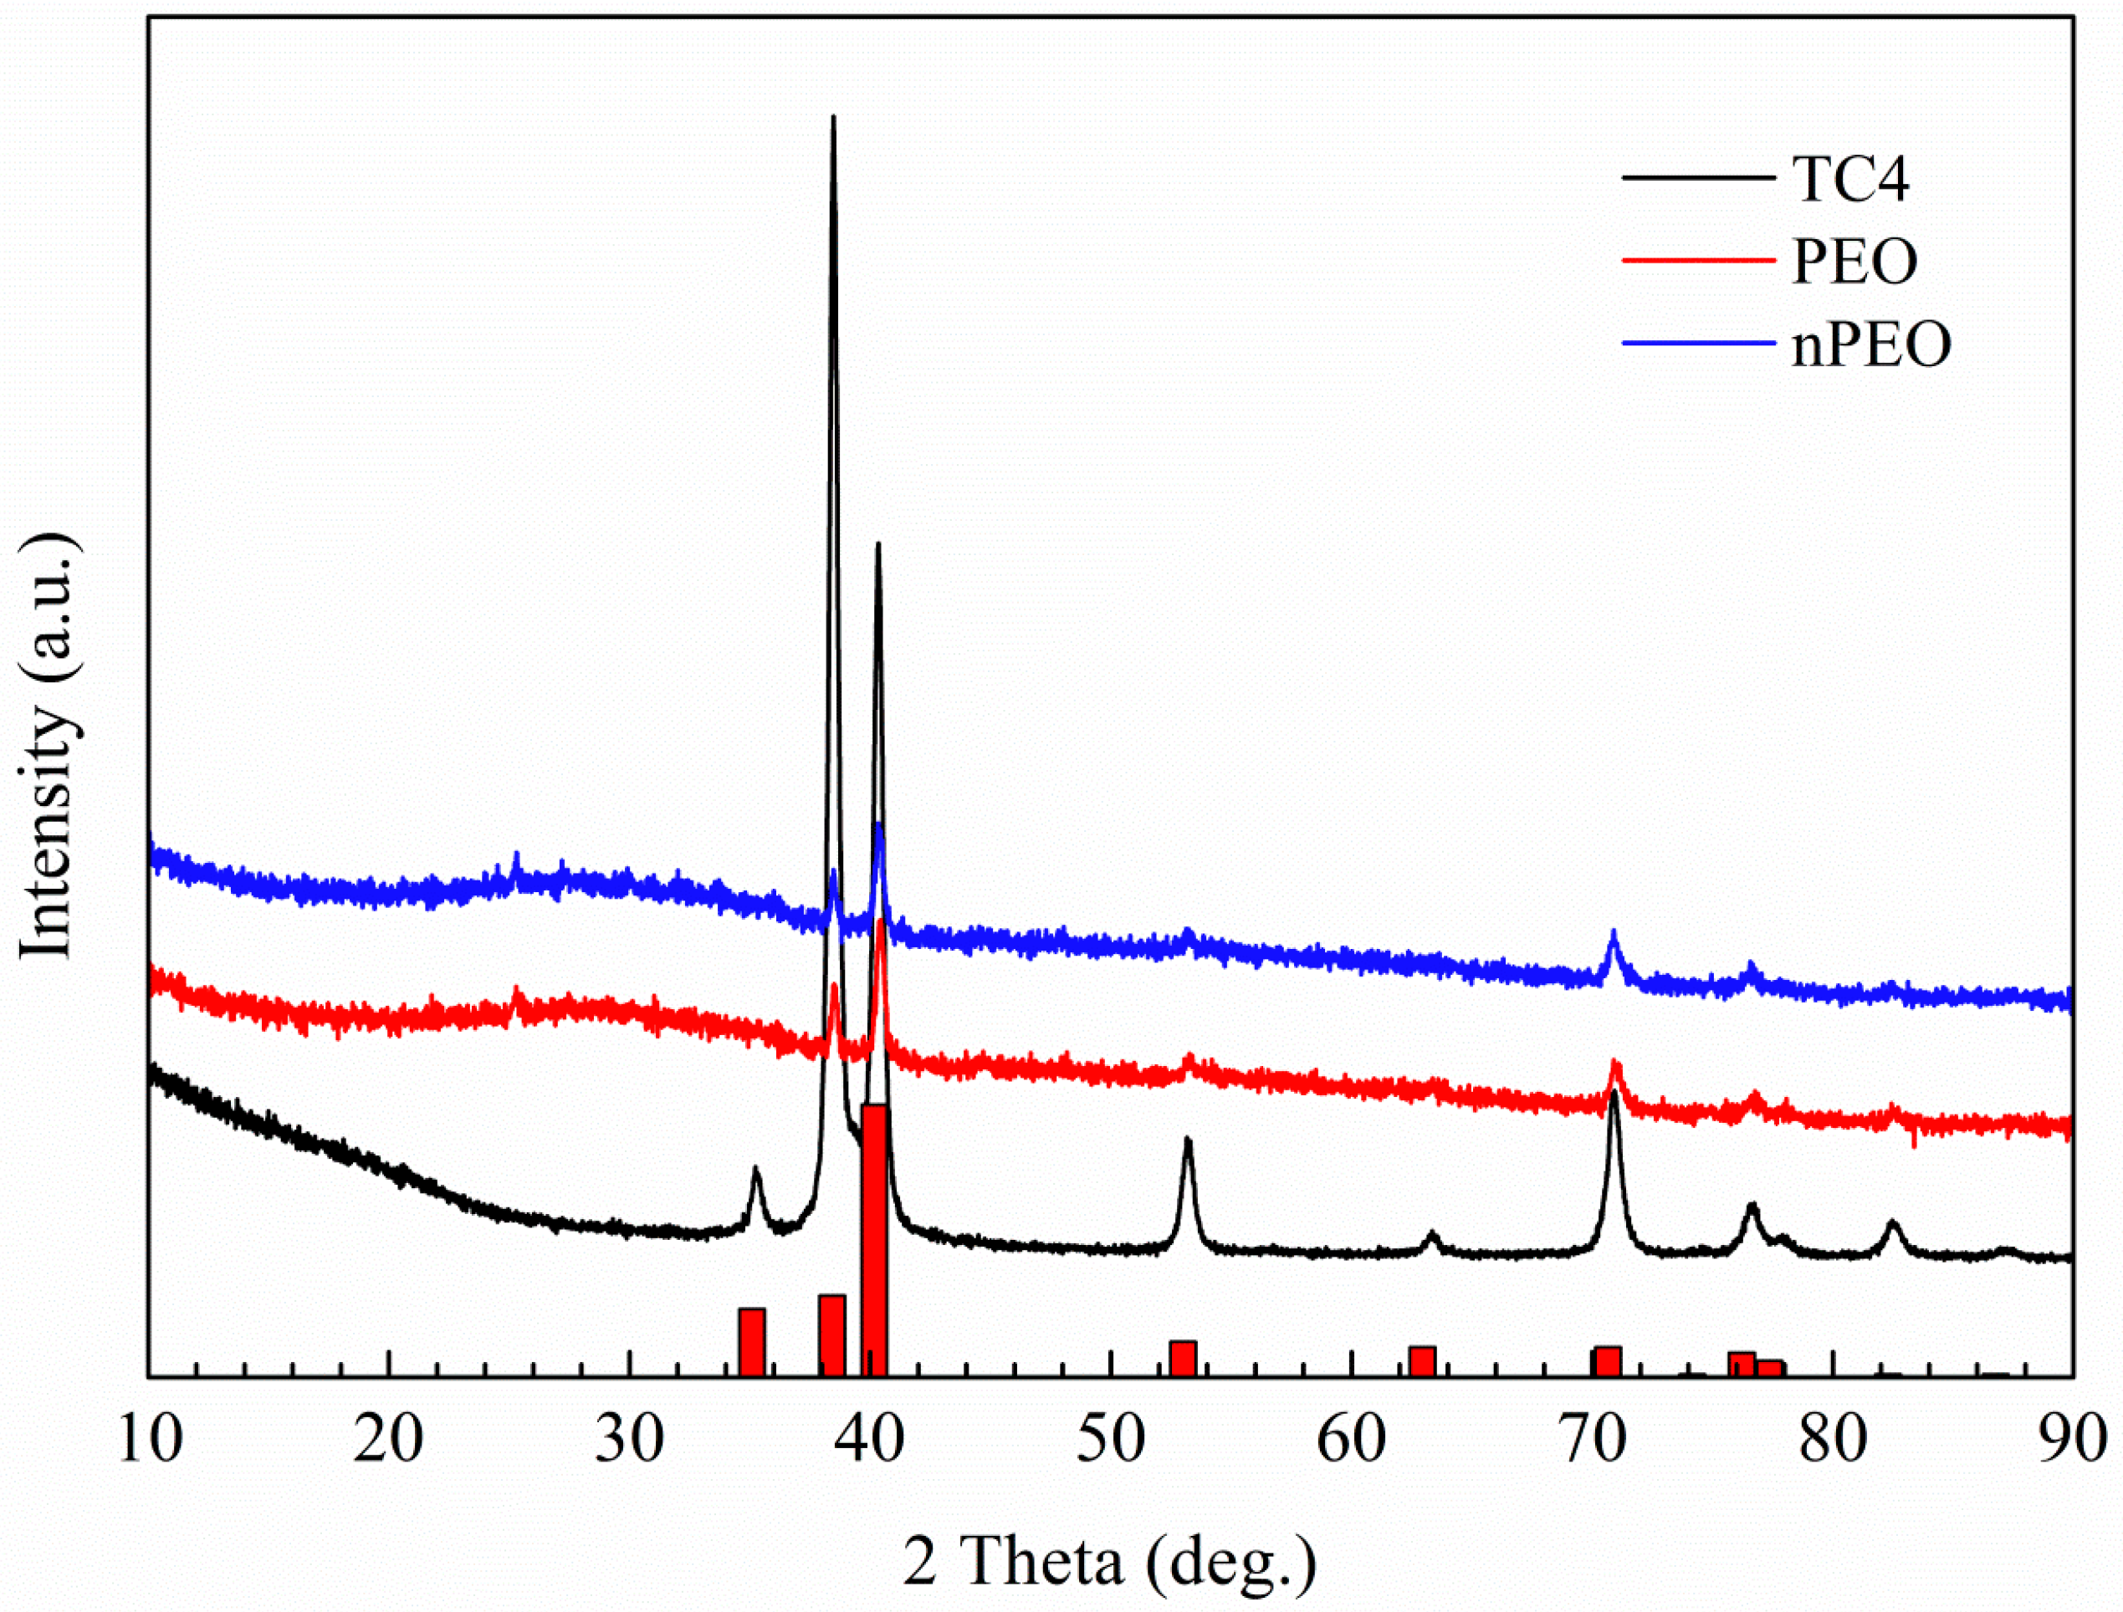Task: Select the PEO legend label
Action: coord(1854,261)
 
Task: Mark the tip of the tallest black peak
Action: coord(833,117)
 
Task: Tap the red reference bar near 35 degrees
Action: coord(751,1341)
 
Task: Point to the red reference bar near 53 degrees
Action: coord(1183,1358)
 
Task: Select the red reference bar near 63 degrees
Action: coord(1422,1360)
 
